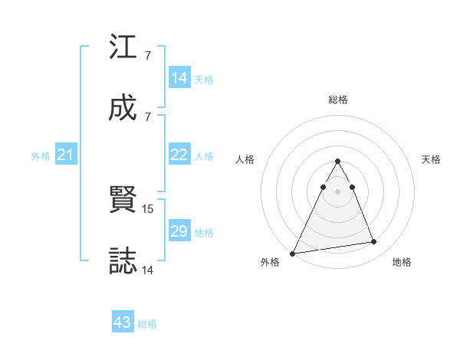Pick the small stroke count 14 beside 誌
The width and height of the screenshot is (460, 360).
(x=148, y=269)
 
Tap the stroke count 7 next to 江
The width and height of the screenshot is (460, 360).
(x=147, y=56)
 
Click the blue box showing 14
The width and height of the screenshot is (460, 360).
(x=179, y=78)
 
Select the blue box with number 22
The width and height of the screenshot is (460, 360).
(x=179, y=155)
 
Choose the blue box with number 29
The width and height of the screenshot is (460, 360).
(x=179, y=231)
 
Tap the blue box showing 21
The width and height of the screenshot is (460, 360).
(x=66, y=155)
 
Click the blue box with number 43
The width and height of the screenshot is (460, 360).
(x=123, y=322)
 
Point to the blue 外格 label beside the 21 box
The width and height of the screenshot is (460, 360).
(x=41, y=156)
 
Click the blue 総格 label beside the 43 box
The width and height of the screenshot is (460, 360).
(x=148, y=324)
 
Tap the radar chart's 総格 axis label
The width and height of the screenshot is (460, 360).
(x=338, y=100)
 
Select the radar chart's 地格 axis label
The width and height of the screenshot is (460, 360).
(x=402, y=262)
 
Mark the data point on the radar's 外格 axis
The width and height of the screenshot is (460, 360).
(x=292, y=254)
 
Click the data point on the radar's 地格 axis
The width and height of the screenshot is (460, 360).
(x=374, y=242)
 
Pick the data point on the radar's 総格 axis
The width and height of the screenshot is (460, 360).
(x=337, y=162)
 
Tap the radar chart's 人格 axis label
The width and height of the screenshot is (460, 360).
(x=245, y=159)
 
